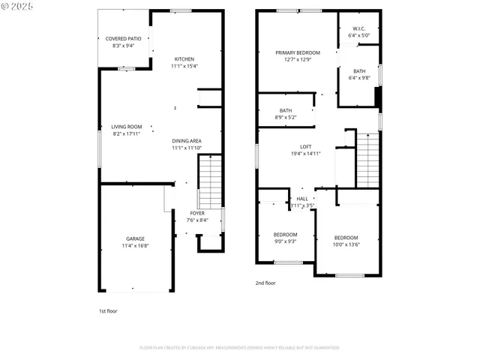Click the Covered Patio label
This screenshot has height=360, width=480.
123,38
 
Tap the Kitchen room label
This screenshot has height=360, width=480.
184,59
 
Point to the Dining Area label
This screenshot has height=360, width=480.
187,141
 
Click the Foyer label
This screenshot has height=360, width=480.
196,214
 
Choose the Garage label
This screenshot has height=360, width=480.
135,238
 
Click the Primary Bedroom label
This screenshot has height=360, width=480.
298,52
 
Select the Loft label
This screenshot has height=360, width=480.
305,146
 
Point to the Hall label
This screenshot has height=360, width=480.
302,199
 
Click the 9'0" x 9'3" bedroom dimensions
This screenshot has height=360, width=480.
285,241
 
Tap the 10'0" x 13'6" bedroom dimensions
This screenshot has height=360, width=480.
346,244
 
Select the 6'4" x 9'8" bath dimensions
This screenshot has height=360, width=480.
359,78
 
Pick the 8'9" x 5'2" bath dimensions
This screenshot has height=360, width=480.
286,117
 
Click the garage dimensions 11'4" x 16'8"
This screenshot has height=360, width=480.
135,245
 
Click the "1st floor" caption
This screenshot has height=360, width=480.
108,310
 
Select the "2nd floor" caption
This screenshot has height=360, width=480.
265,283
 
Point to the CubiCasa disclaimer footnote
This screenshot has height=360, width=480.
239,347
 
